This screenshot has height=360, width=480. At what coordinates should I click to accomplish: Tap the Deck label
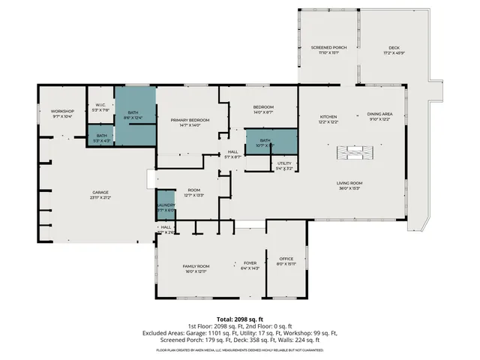(x=394, y=48)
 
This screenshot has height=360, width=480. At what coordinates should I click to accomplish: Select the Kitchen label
(x=328, y=117)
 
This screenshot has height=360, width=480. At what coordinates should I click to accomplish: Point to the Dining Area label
(x=379, y=117)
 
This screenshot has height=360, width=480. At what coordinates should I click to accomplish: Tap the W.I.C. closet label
(x=100, y=106)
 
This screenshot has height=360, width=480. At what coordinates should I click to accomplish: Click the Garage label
(x=100, y=193)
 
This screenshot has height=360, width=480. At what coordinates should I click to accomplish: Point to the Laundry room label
(x=166, y=205)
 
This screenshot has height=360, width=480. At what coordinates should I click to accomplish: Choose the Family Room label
(x=196, y=266)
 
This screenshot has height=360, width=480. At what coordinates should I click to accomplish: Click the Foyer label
(x=250, y=263)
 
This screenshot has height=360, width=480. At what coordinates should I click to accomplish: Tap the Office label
(x=286, y=259)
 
